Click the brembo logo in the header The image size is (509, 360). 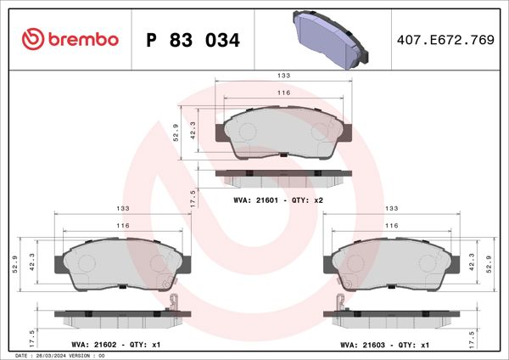pos(69,40)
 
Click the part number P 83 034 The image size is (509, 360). pos(193,40)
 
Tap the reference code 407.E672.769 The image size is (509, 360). pos(445,40)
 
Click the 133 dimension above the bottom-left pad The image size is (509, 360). pos(122,208)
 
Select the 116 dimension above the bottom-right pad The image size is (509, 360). pos(391,226)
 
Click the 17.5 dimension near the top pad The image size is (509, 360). pos(193,200)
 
